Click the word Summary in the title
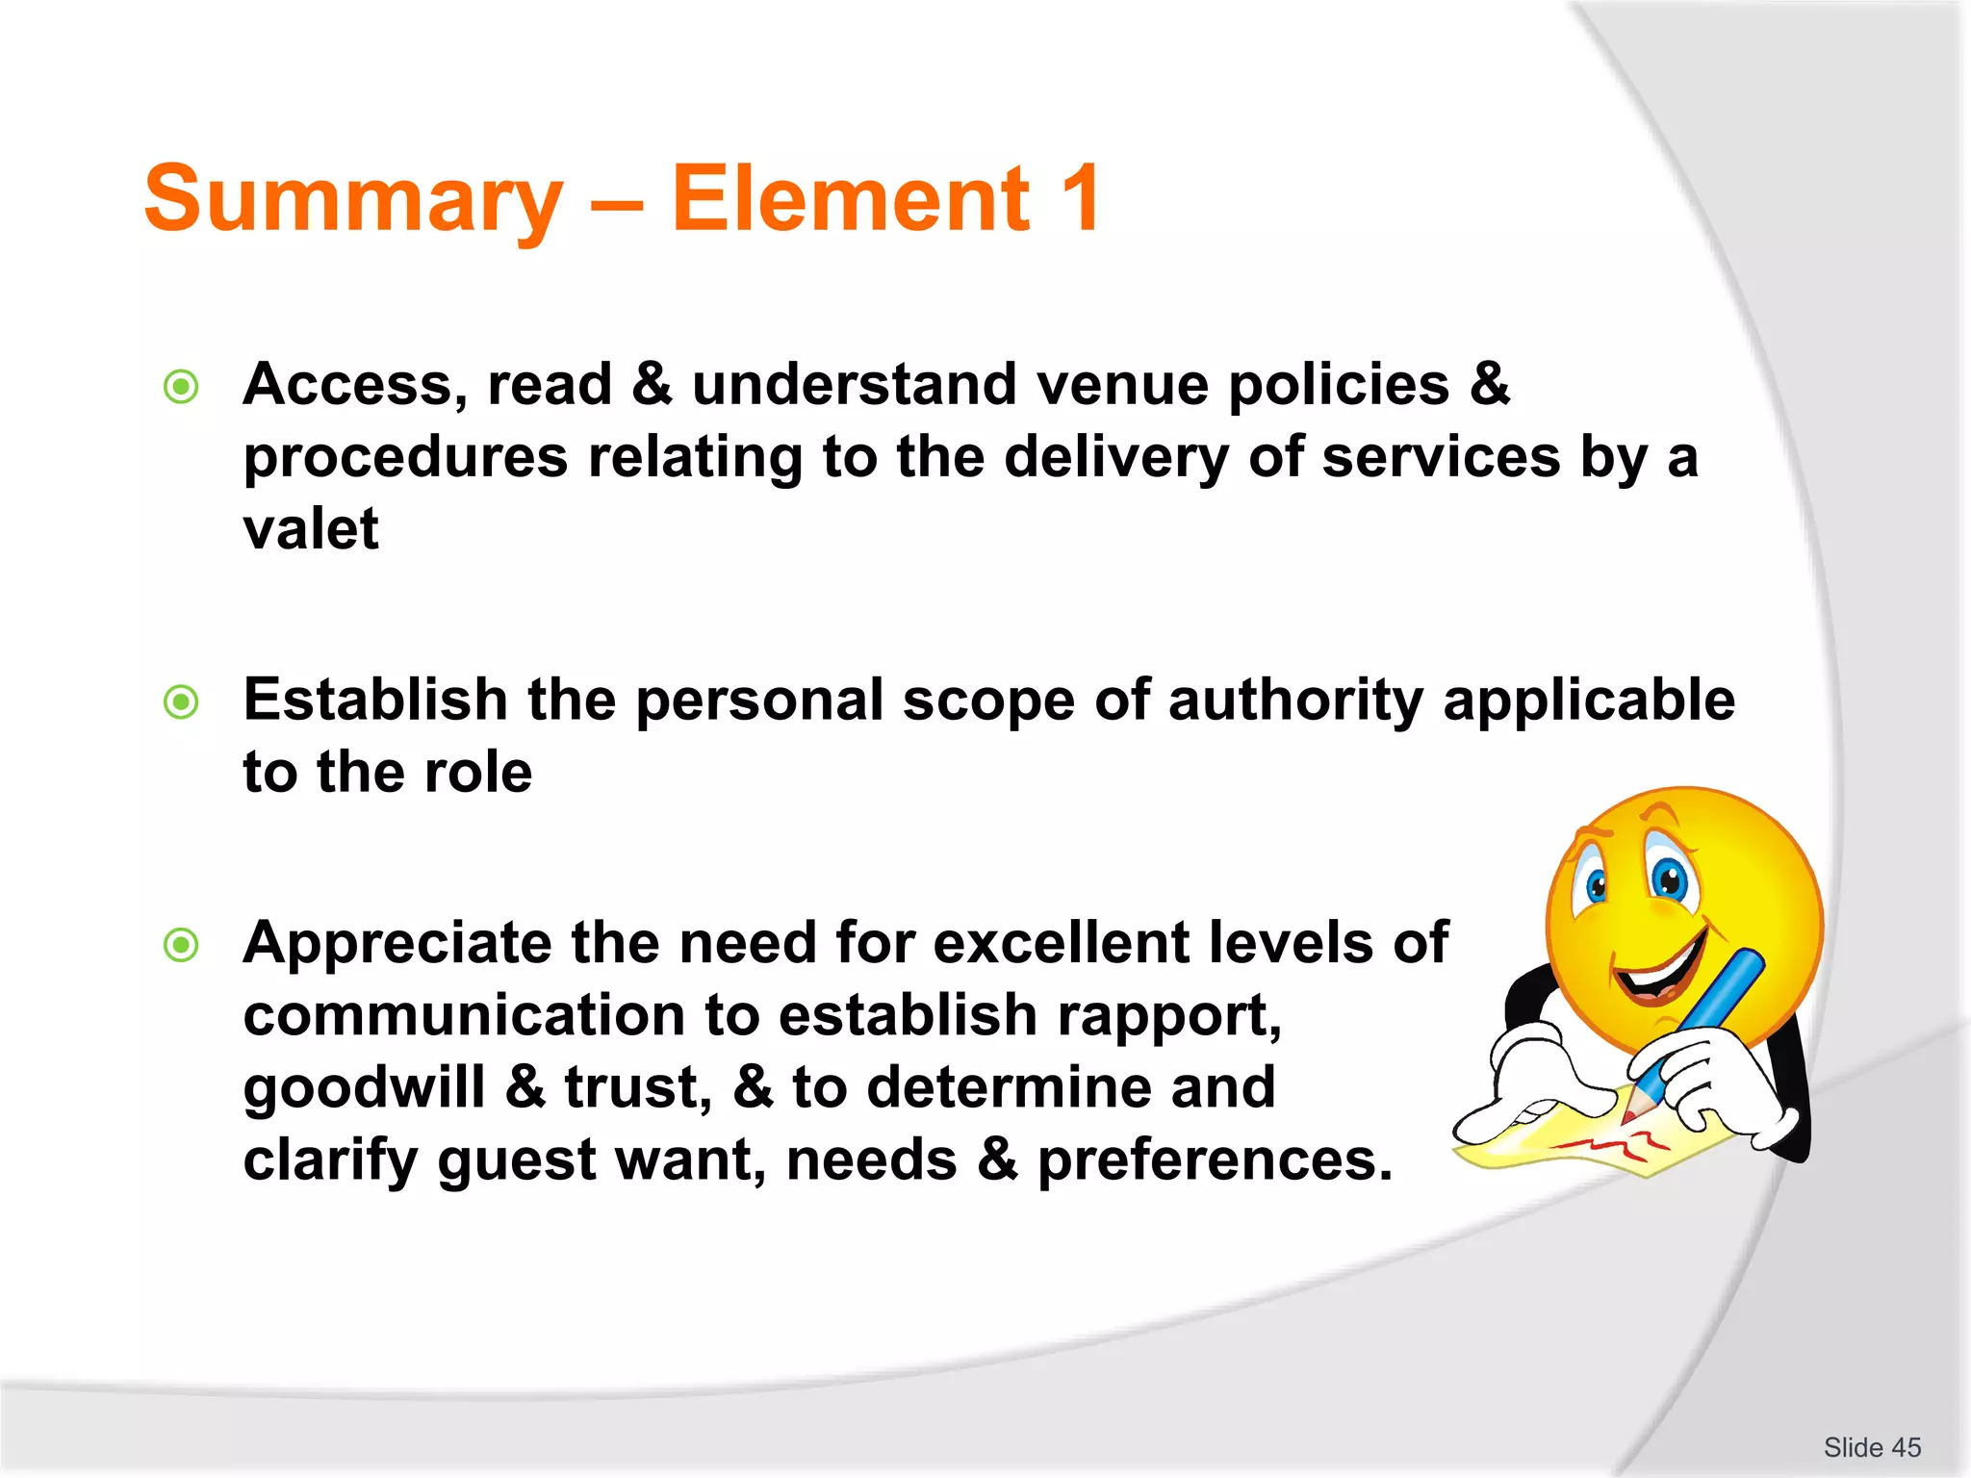point(353,199)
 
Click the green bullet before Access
point(181,387)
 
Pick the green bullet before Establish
point(181,701)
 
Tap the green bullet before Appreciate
point(181,945)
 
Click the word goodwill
point(364,1088)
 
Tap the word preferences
point(1215,1159)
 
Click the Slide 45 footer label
point(1871,1447)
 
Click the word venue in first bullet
point(1122,384)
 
